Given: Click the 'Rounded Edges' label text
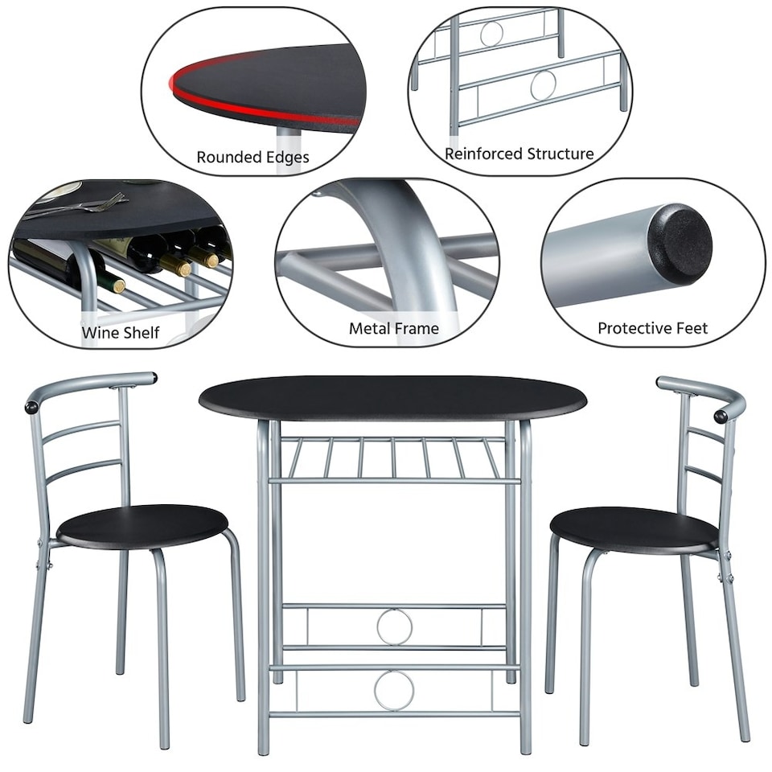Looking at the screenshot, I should pyautogui.click(x=253, y=158).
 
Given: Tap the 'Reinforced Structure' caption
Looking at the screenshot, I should pyautogui.click(x=519, y=154).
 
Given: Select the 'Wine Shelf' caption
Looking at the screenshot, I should pyautogui.click(x=120, y=332).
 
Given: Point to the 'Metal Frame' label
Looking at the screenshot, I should pyautogui.click(x=393, y=328).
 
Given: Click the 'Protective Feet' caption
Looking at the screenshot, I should pyautogui.click(x=652, y=328).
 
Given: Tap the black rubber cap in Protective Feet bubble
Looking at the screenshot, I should pyautogui.click(x=683, y=244).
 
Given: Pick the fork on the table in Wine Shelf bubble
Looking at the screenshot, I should pyautogui.click(x=88, y=205).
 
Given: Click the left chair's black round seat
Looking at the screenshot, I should pyautogui.click(x=142, y=524).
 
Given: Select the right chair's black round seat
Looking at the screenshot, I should pyautogui.click(x=634, y=528).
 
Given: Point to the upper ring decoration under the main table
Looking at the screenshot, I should pyautogui.click(x=395, y=626).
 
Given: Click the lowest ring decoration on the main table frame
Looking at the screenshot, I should pyautogui.click(x=395, y=690).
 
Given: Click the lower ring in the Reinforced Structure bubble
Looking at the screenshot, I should pyautogui.click(x=544, y=85).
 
